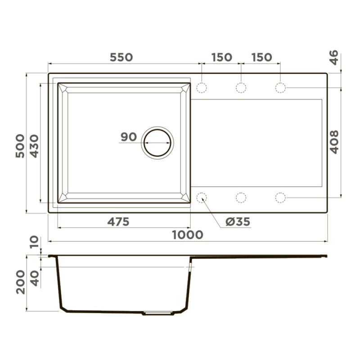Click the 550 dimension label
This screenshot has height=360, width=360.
(121, 58)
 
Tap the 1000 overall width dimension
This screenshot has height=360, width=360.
(188, 235)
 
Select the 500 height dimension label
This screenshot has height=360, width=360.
(20, 146)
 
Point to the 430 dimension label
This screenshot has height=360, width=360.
(35, 146)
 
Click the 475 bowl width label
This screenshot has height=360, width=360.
(118, 222)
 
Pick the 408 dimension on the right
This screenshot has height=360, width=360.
(334, 142)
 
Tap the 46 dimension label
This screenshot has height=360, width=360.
(334, 58)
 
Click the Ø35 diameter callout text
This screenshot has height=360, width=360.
(238, 222)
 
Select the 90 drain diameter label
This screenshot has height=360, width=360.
(129, 137)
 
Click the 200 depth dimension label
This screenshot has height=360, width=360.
(20, 282)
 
